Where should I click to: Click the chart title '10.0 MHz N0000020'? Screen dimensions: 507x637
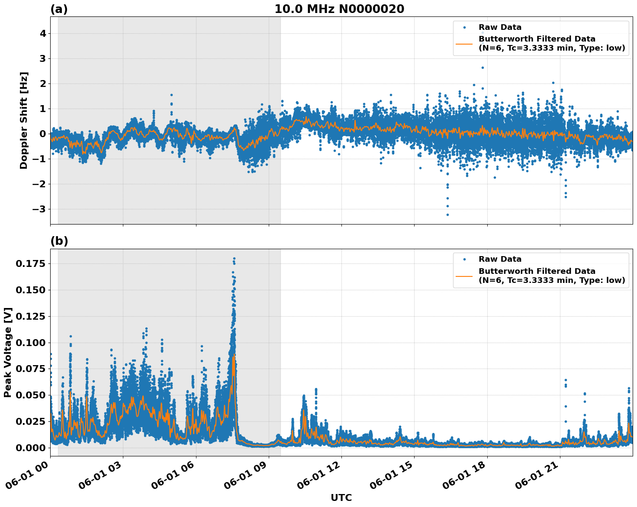339,9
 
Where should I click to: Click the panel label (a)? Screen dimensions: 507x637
59,9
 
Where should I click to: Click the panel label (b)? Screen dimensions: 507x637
59,241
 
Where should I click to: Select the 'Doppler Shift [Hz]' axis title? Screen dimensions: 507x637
24,120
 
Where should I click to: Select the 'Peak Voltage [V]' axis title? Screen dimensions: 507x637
8,352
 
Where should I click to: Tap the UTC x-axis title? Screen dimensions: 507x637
341,497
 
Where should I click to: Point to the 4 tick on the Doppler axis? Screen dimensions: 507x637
42,34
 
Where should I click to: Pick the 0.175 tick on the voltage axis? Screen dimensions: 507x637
30,264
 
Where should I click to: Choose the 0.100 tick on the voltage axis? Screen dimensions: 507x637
30,343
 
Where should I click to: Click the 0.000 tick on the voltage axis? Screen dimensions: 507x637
30,448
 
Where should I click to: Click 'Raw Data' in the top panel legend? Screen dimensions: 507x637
500,27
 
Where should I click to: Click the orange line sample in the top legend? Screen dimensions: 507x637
465,43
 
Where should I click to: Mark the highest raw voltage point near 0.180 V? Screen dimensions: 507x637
234,259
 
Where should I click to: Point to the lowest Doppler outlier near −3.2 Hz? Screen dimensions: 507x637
447,215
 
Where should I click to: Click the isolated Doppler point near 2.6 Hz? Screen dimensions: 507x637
483,67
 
